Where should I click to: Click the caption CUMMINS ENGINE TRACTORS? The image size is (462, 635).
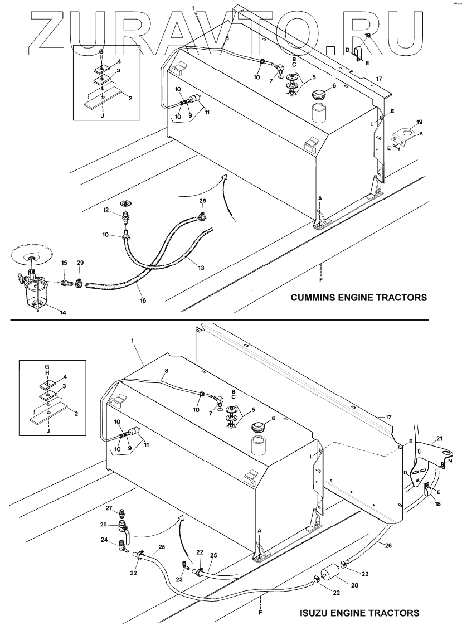click(x=359, y=298)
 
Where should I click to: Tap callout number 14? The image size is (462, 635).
click(x=63, y=313)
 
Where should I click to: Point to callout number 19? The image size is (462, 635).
click(x=420, y=121)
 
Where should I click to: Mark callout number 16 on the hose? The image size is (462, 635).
click(x=143, y=300)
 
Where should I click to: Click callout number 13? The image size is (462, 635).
click(x=200, y=269)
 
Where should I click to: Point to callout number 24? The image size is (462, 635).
click(x=104, y=540)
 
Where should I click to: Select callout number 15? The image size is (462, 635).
click(x=64, y=263)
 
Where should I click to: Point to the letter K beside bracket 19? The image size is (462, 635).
click(x=421, y=134)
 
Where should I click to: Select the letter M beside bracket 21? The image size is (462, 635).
click(x=450, y=462)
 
